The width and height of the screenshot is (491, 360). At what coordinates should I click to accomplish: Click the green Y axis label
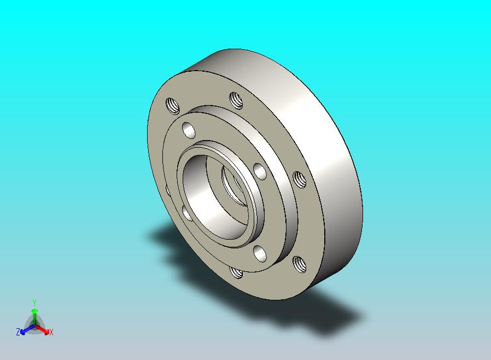[34, 303]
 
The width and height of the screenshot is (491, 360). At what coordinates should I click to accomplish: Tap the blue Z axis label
[18, 332]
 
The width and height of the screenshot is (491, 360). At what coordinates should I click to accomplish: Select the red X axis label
[51, 332]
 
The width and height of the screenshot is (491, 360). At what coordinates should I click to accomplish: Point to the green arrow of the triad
[34, 317]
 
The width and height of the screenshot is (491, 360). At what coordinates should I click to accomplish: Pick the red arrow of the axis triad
[42, 329]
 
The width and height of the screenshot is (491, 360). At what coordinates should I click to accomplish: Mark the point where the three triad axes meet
[34, 326]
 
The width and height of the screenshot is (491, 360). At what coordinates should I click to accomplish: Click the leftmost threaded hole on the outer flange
[172, 106]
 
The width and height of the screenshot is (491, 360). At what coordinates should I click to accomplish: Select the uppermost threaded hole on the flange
[236, 100]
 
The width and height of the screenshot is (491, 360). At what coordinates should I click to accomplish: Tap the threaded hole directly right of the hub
[300, 180]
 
